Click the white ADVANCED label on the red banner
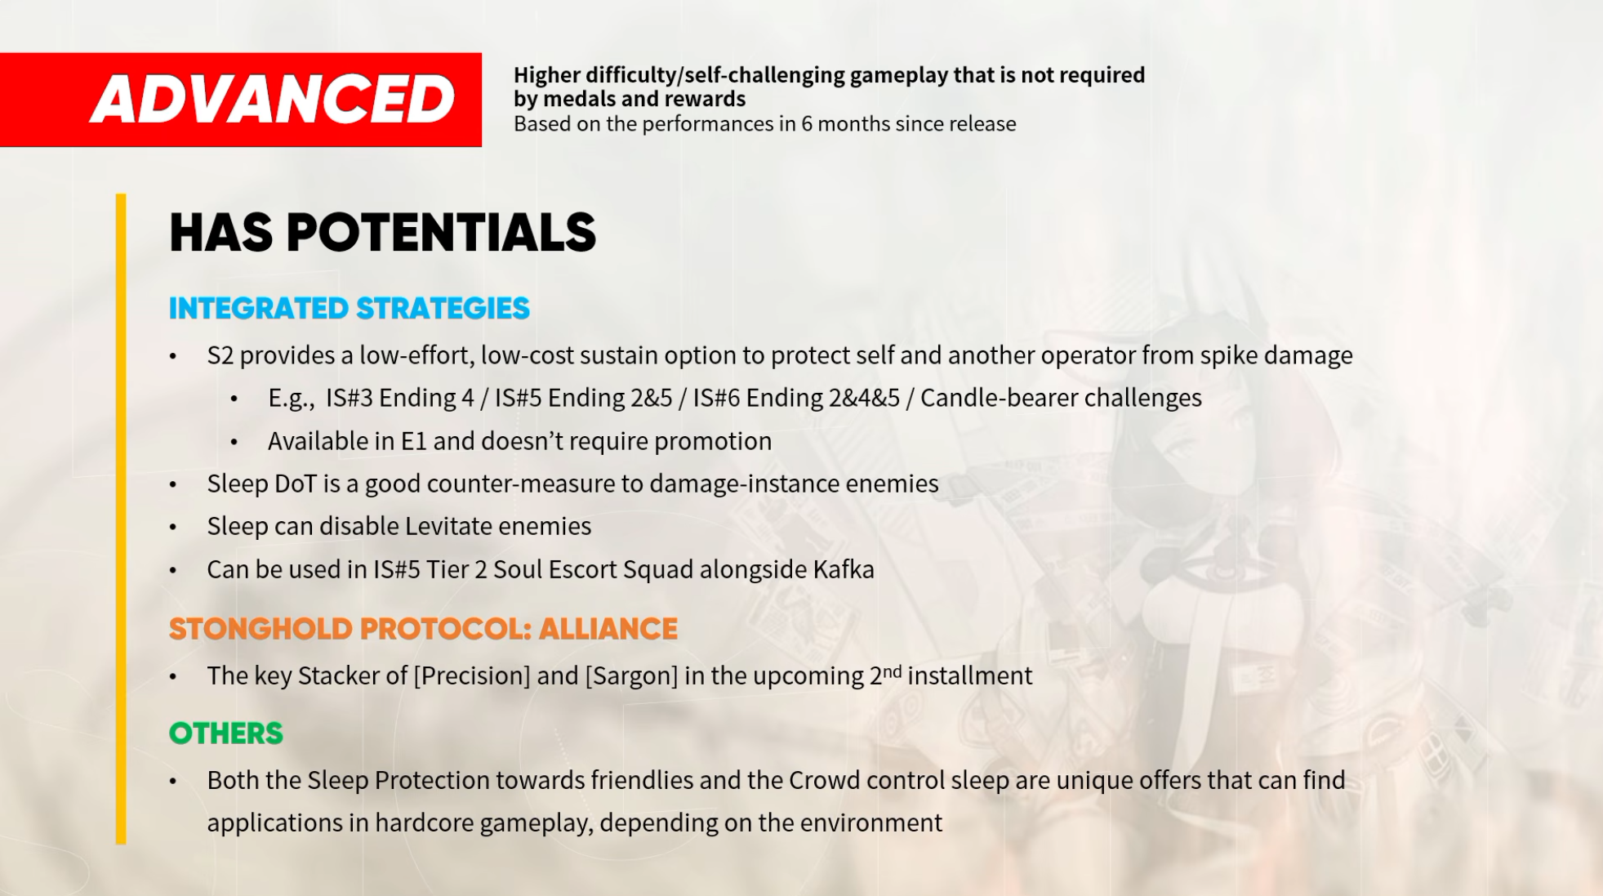[x=273, y=100]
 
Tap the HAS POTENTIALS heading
[x=382, y=233]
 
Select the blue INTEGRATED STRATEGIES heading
[x=350, y=309]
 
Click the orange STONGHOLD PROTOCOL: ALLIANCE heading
[x=423, y=629]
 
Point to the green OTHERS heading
[x=226, y=733]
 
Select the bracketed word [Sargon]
[x=631, y=676]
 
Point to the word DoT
[x=296, y=484]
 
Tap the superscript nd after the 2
[x=893, y=671]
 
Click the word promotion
[x=713, y=442]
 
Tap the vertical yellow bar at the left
[x=121, y=519]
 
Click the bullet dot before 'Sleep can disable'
[x=173, y=528]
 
